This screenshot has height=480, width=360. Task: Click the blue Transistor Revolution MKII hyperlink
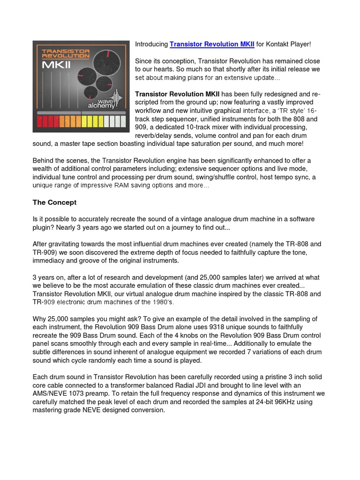click(212, 44)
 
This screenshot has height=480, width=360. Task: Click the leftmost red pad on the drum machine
click(40, 122)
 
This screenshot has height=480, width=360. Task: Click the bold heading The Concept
click(54, 202)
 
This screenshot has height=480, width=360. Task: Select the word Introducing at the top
click(151, 44)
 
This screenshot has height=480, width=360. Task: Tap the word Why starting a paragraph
click(40, 319)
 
